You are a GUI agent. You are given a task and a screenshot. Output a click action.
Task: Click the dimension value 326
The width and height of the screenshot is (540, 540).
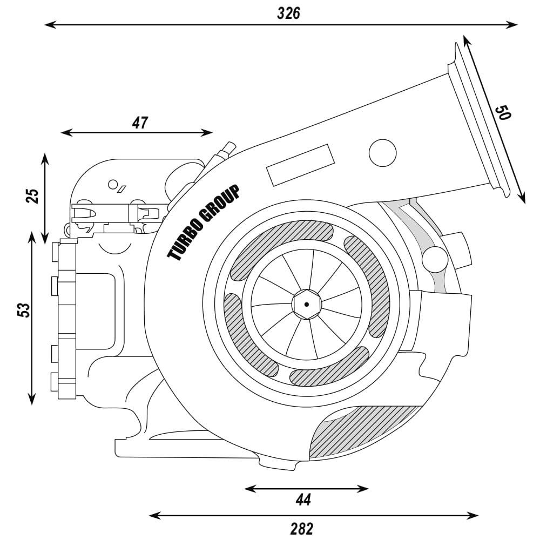point(288,13)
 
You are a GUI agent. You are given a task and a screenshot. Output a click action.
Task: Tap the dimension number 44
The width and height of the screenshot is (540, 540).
point(303,500)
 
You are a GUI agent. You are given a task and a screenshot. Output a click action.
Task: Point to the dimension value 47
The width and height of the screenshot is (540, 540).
point(140,123)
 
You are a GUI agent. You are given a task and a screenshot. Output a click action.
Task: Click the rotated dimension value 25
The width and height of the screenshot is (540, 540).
point(33,195)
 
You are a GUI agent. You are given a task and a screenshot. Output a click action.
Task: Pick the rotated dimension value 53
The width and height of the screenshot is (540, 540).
point(23,310)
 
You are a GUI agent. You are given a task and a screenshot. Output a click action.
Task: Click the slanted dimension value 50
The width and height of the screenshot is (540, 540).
point(503,112)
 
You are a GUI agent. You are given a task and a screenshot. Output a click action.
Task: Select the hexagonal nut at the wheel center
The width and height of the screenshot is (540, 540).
point(306,305)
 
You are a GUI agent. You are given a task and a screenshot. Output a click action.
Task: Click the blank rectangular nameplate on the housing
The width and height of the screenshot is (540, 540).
point(300,165)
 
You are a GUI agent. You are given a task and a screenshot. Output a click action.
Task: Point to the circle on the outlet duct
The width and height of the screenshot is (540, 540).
point(382,152)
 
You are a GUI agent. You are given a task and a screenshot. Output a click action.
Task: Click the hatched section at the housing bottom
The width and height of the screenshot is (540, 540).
point(362,433)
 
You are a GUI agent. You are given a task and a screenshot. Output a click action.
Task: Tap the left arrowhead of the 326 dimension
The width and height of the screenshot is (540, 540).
point(49,24)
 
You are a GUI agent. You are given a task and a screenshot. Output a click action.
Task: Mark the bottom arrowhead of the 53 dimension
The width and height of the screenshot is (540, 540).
point(32,400)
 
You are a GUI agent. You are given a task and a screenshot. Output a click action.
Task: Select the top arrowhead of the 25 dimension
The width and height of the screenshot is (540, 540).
point(45,157)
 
